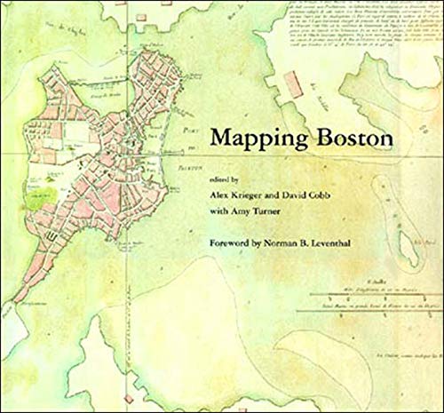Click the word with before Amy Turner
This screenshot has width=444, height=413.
(218, 212)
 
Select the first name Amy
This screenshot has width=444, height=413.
(243, 212)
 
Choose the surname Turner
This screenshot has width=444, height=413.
(274, 212)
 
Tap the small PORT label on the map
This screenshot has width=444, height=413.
(186, 131)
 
